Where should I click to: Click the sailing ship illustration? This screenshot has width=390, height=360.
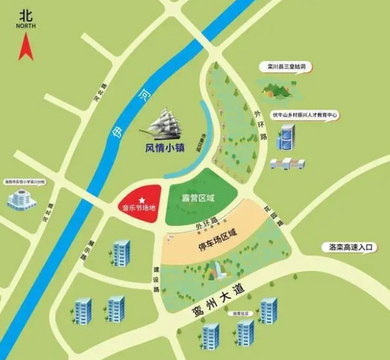click(x=170, y=124)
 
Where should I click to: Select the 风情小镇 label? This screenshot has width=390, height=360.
click(x=164, y=147)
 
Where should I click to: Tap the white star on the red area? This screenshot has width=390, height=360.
click(x=142, y=200)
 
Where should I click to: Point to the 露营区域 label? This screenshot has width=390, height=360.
click(x=199, y=198)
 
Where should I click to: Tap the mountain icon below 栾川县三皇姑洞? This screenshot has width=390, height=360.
click(x=279, y=90)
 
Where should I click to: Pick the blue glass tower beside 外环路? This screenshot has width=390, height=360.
click(x=285, y=138)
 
